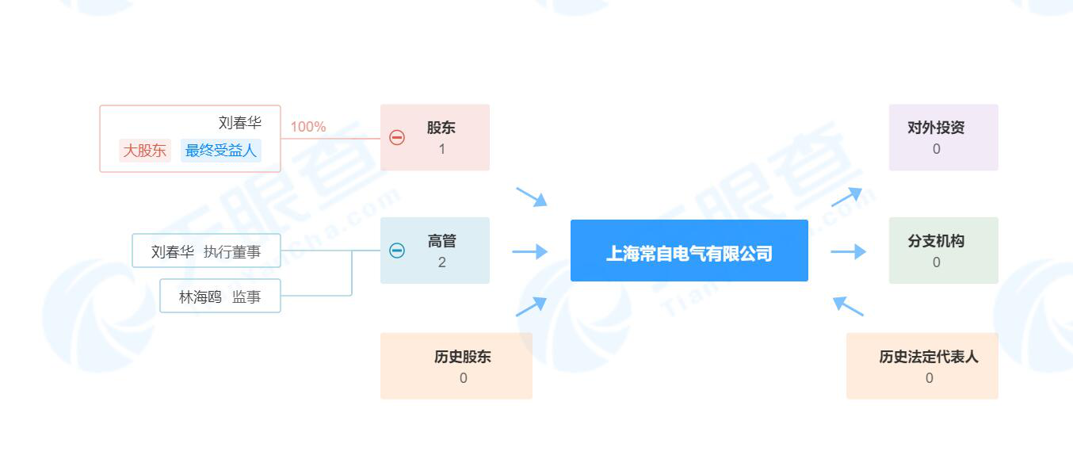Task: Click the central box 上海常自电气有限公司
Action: [689, 251]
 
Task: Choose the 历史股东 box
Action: [456, 365]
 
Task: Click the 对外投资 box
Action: [943, 137]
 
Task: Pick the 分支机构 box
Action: [943, 251]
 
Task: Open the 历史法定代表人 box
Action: [922, 365]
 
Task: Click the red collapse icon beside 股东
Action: [397, 137]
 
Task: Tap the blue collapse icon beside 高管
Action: [397, 251]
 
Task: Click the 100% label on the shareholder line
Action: [307, 127]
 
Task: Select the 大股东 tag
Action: [145, 150]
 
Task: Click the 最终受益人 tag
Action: [221, 150]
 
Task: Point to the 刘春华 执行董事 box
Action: [206, 251]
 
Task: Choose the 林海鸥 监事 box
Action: [220, 297]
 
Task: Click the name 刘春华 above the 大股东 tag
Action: [239, 123]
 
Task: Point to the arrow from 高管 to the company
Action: [529, 251]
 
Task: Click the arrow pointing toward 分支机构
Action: [848, 251]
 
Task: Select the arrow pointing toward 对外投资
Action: [846, 197]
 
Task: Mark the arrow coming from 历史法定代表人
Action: [848, 306]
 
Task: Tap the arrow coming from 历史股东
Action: [531, 306]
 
